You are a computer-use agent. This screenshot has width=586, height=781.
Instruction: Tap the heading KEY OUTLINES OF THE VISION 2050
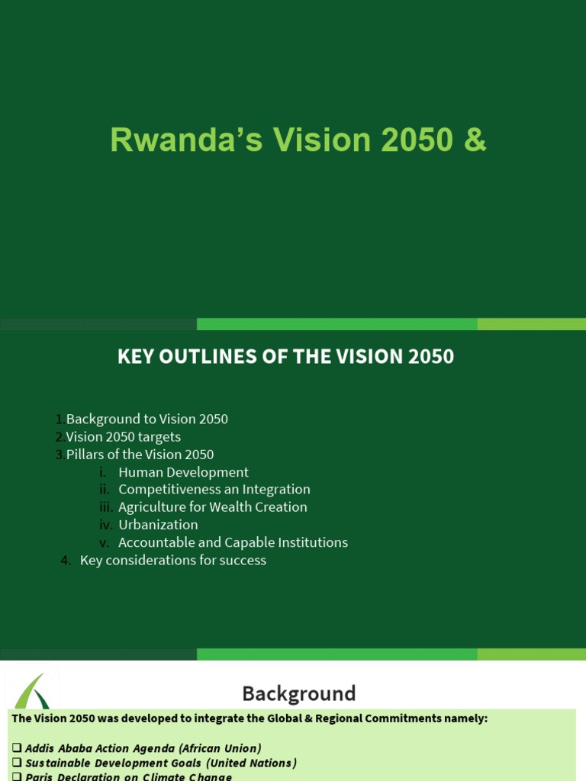(285, 357)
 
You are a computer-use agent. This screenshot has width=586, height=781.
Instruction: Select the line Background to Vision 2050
(146, 419)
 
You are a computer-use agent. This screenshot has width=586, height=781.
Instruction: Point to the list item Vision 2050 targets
(123, 437)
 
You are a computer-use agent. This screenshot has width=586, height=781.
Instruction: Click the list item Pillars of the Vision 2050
(140, 455)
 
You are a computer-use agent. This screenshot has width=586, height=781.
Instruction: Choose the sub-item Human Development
(183, 472)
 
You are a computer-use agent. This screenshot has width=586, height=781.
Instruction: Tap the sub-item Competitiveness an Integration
(214, 490)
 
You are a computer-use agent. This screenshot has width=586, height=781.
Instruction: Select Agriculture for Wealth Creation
(212, 507)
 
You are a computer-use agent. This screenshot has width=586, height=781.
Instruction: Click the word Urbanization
(158, 525)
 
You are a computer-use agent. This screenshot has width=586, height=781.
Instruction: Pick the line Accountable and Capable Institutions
(233, 542)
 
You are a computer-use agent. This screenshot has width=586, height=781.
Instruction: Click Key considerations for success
(172, 561)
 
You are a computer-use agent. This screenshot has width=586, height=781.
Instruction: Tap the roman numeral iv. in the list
(105, 525)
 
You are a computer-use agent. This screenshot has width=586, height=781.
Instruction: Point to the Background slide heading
(298, 693)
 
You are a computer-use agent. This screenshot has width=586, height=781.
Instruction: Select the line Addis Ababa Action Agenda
(143, 748)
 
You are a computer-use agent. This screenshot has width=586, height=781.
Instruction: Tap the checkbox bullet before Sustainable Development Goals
(17, 763)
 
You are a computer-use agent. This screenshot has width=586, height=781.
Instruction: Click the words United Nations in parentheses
(252, 763)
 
